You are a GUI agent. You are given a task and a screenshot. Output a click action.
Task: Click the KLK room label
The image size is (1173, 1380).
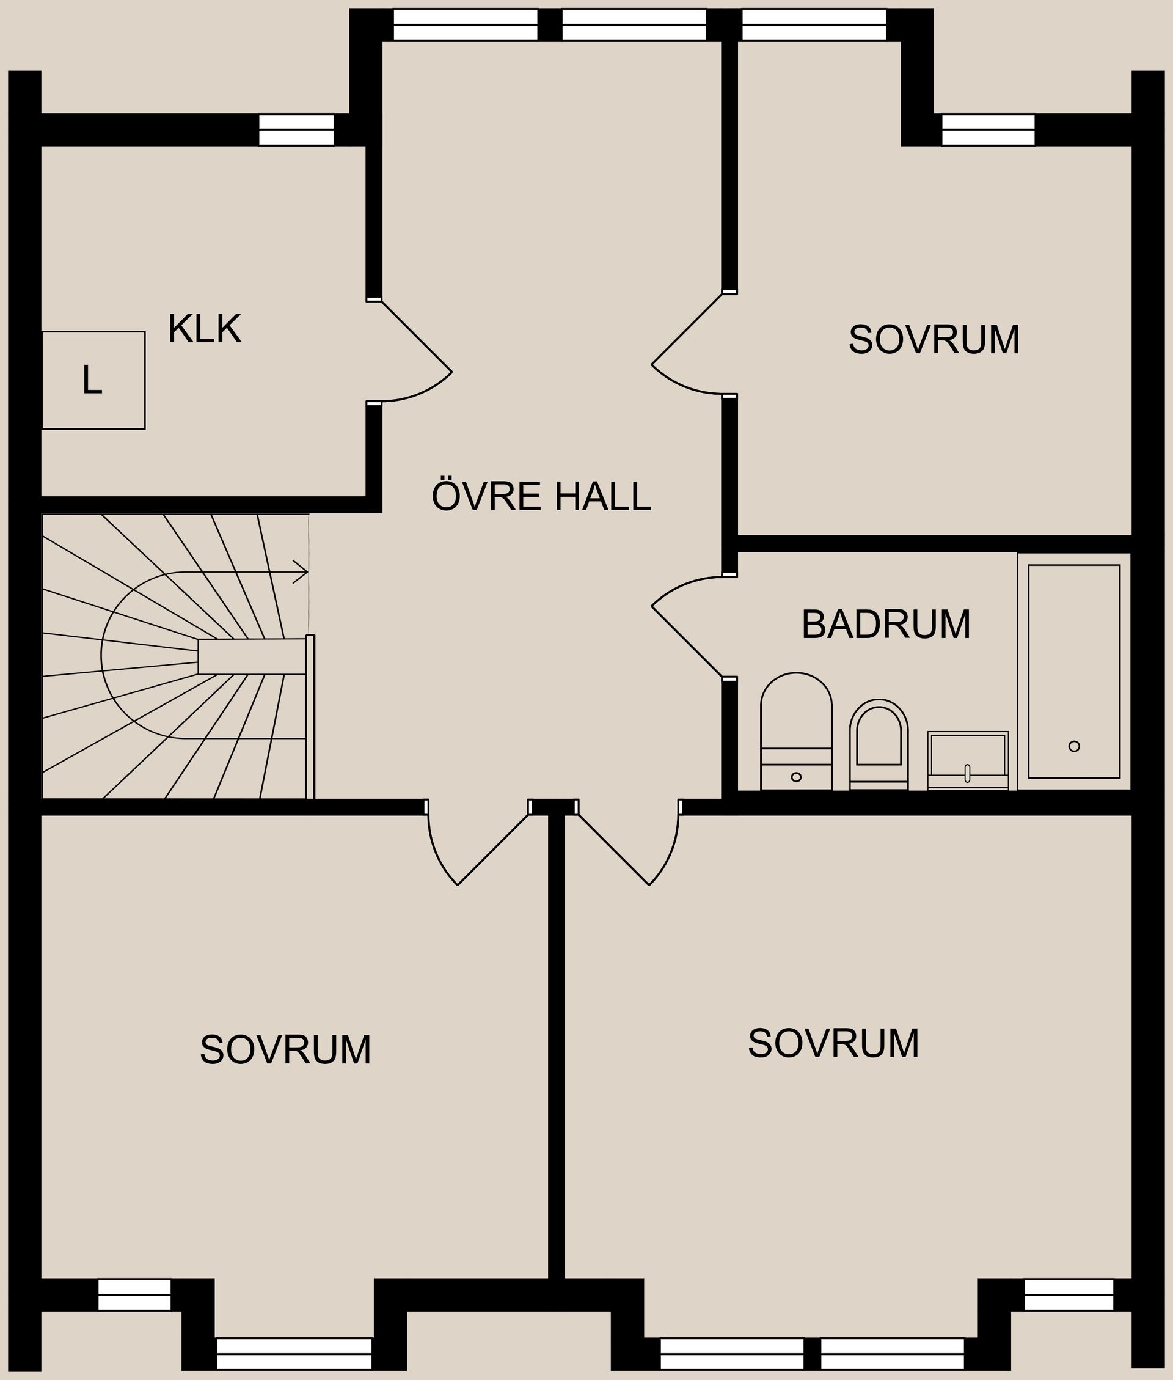click(x=204, y=329)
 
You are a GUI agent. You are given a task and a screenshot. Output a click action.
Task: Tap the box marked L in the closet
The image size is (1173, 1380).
click(x=92, y=380)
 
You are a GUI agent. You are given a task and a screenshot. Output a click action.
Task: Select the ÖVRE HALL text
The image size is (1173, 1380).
click(x=541, y=496)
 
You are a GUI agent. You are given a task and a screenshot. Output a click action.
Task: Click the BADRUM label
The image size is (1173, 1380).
click(x=886, y=625)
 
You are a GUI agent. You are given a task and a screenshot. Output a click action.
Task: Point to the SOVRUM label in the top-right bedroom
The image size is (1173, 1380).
click(x=934, y=340)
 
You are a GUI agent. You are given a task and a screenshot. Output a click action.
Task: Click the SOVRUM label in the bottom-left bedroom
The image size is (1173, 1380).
click(x=285, y=1049)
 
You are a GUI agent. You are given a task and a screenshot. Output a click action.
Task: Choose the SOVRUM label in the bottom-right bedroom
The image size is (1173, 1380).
click(x=833, y=1043)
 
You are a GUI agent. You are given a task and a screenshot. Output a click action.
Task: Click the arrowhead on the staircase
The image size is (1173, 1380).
click(x=301, y=571)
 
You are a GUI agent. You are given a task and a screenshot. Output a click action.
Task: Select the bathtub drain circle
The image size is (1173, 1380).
click(x=1074, y=746)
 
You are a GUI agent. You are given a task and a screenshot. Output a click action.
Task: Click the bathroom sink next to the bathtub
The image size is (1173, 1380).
click(x=968, y=760)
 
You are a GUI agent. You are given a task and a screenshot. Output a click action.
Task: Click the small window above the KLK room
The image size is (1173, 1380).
click(x=296, y=130)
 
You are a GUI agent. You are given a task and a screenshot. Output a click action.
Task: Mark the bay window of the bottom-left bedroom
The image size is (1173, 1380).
click(x=294, y=1353)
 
